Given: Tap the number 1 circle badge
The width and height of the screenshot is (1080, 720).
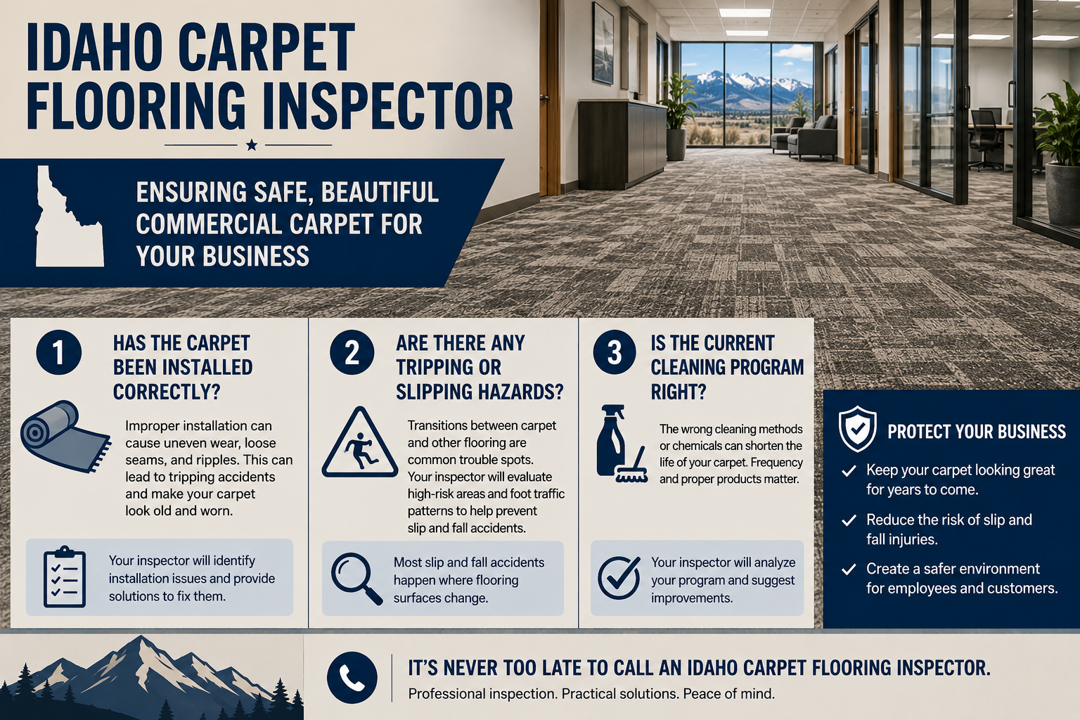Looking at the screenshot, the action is (x=59, y=352).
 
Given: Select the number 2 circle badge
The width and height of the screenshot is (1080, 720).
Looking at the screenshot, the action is (x=352, y=352).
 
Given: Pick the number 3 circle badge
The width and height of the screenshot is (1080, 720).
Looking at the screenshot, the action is (x=615, y=352).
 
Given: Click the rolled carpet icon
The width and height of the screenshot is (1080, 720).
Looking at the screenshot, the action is (x=65, y=437).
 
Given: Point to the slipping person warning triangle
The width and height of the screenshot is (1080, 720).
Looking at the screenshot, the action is (x=360, y=443).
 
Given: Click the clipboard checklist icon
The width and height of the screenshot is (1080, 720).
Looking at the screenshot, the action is (x=65, y=577).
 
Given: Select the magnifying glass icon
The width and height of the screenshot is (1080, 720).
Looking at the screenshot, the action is (x=356, y=579).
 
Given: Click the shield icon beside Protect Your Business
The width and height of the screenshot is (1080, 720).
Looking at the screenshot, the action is (x=857, y=429).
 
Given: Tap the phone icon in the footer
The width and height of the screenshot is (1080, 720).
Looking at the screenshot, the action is (x=352, y=678).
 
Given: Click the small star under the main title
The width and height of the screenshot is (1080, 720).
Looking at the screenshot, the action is (x=251, y=145).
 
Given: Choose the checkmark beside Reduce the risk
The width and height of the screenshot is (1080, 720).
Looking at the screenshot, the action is (x=849, y=520).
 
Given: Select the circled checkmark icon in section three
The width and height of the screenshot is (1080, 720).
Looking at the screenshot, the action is (x=619, y=578).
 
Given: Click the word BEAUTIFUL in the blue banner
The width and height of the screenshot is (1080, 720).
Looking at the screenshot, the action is (x=380, y=192).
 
